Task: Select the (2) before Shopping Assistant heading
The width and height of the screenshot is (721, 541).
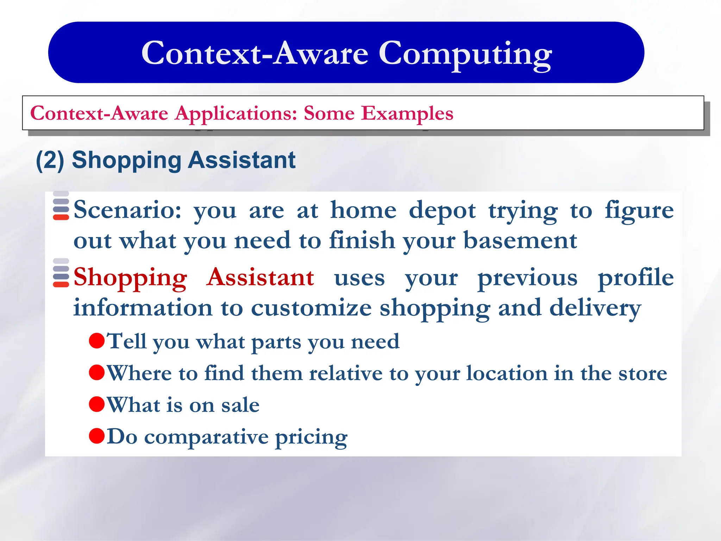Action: [50, 160]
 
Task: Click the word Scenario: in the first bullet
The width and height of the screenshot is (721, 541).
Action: [127, 210]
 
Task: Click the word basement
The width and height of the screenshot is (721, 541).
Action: [520, 241]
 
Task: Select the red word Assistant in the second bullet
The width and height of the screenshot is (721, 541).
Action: [260, 278]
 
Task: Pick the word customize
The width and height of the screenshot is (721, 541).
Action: [311, 308]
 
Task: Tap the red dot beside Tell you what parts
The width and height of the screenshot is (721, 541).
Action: [97, 341]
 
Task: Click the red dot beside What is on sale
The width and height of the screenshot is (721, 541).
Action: [97, 404]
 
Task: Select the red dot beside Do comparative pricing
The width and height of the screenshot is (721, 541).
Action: [97, 436]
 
